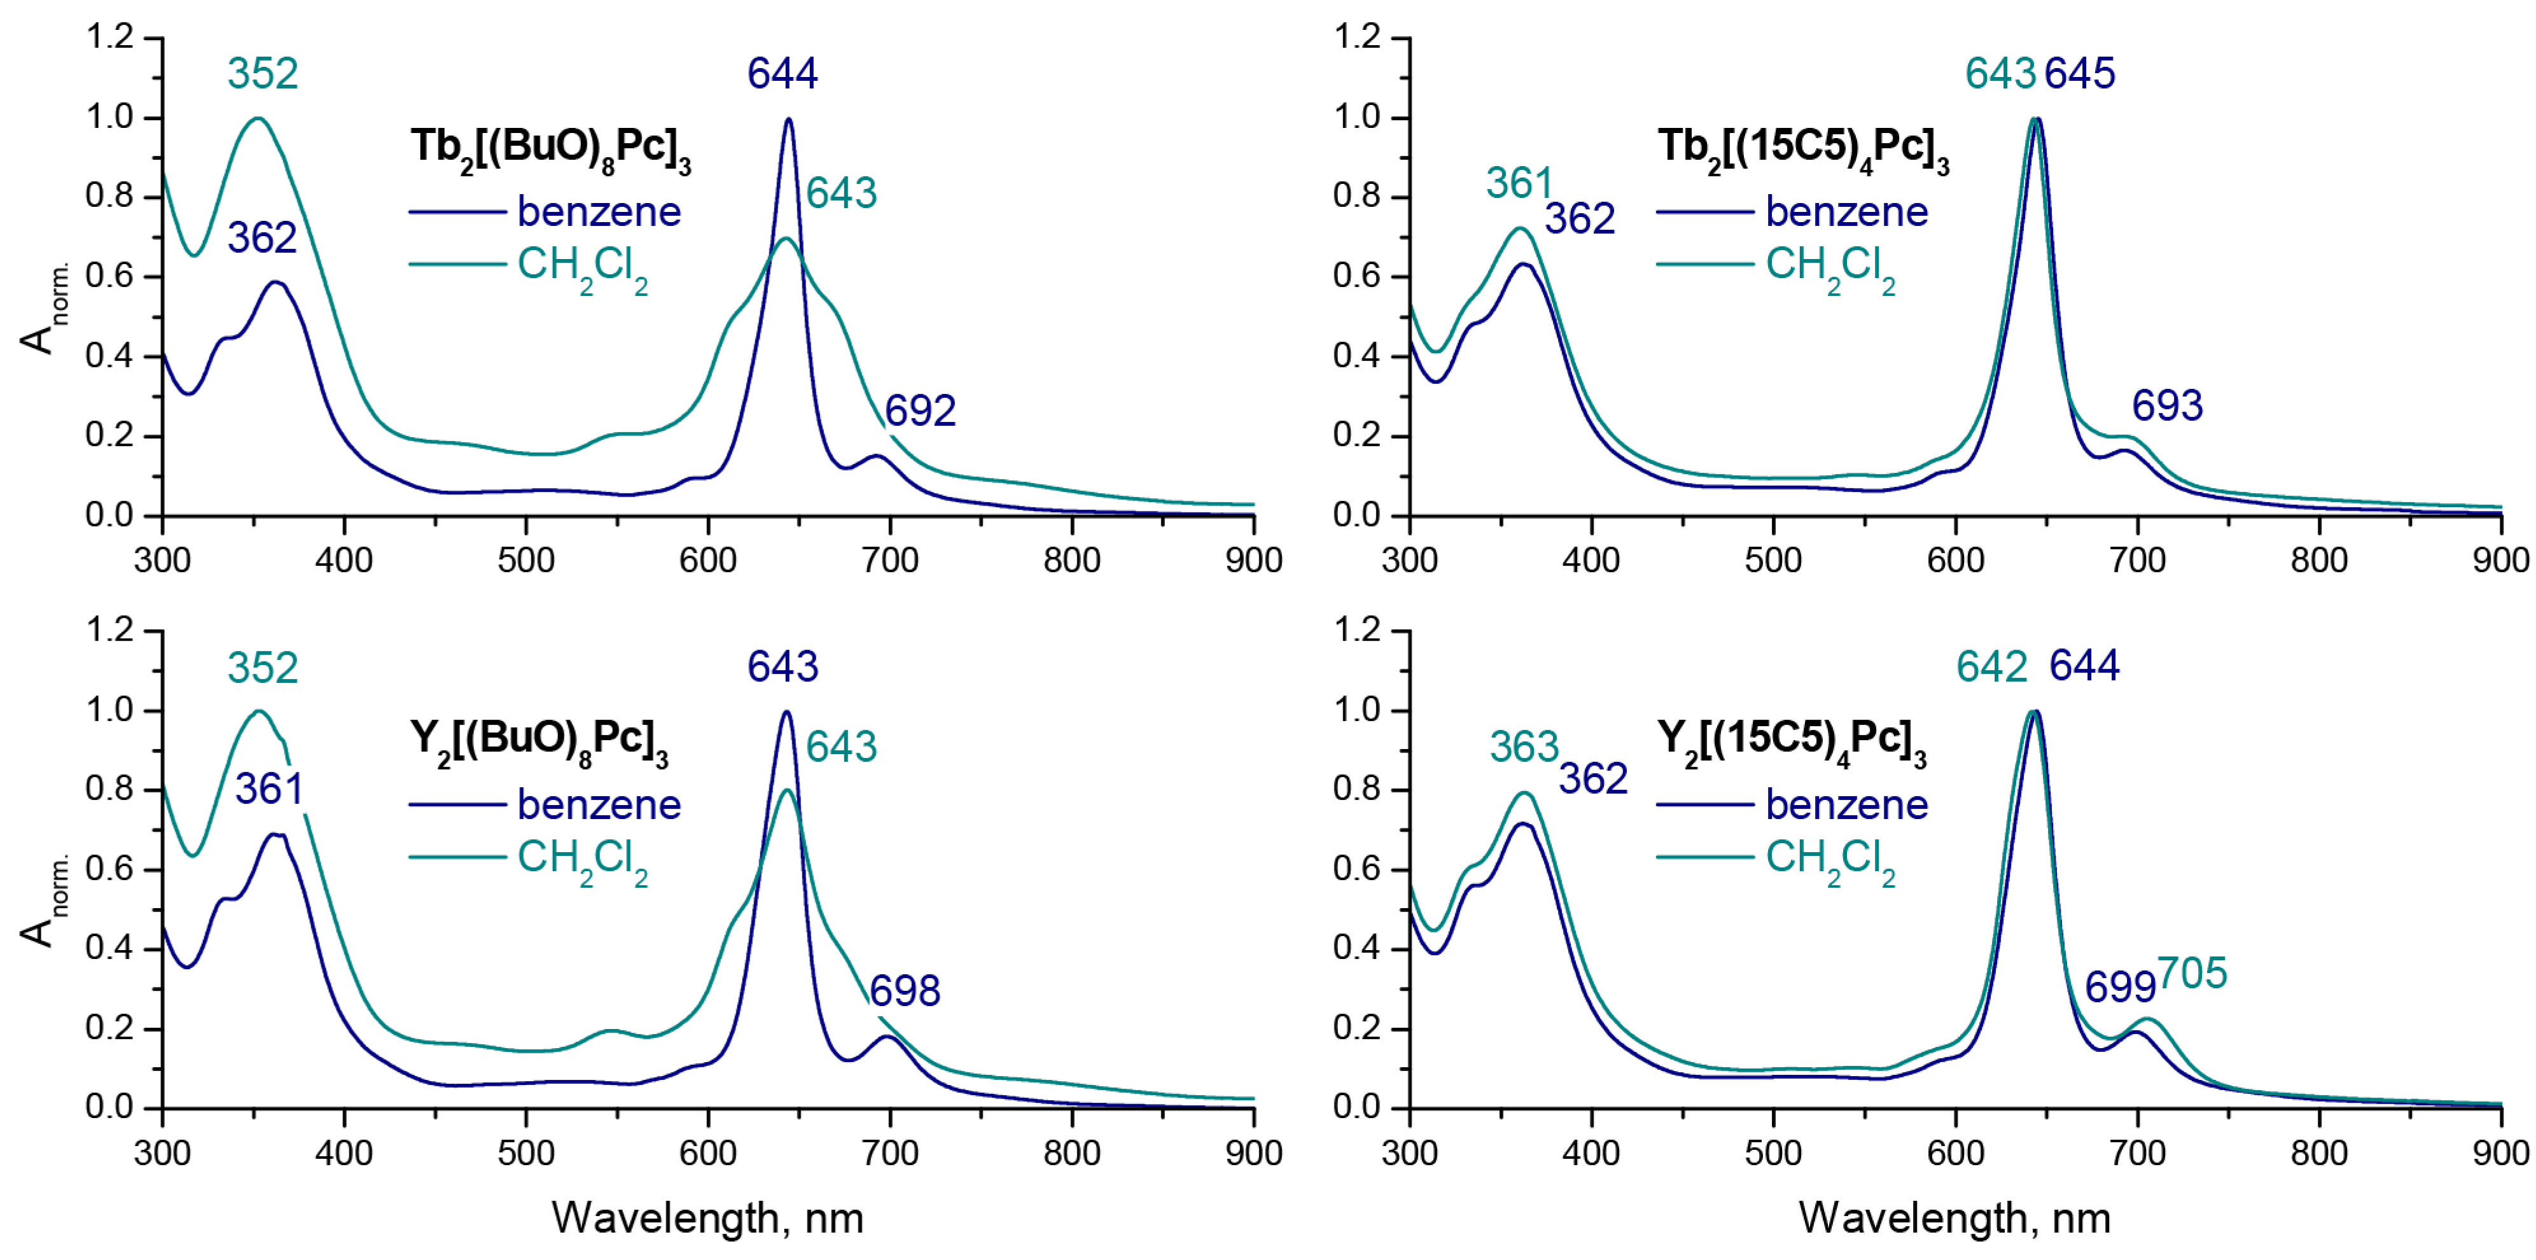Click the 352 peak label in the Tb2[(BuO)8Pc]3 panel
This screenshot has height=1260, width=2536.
pyautogui.click(x=262, y=74)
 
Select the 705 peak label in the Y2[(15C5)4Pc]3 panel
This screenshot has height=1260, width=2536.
pyautogui.click(x=2192, y=974)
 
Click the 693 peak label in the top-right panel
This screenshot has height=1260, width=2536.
pyautogui.click(x=2167, y=405)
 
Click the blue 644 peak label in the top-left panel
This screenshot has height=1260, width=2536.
pyautogui.click(x=782, y=74)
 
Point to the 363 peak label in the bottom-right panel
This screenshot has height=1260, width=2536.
pyautogui.click(x=1524, y=748)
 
